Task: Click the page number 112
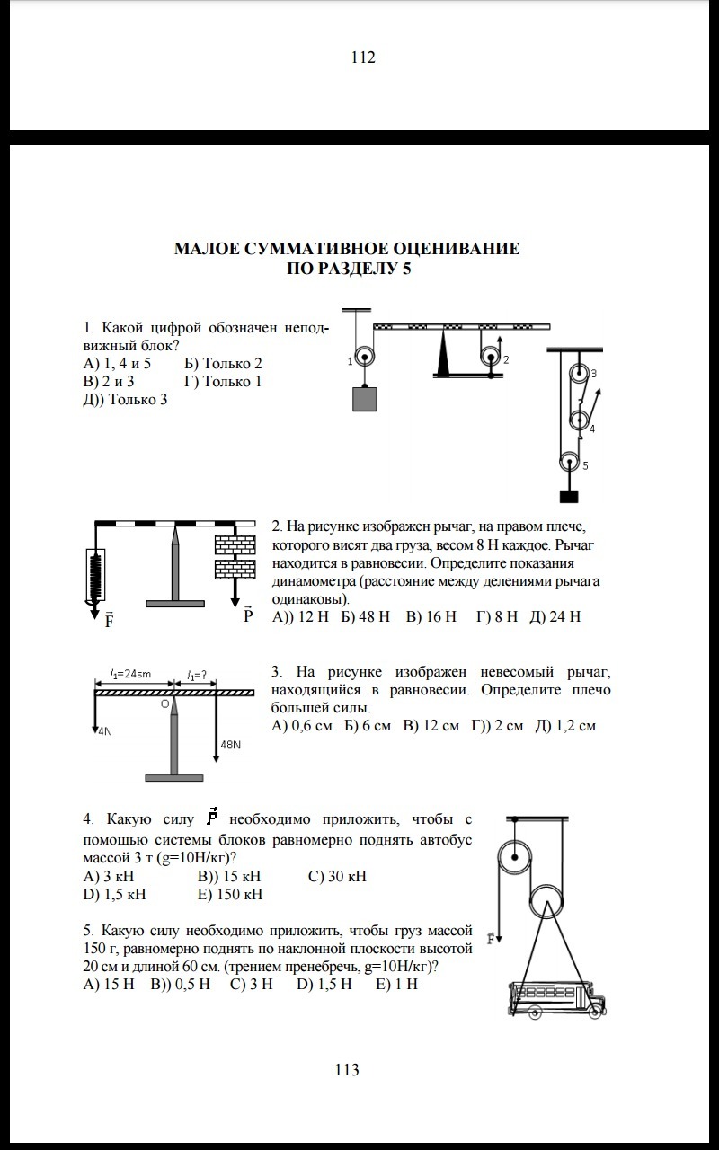363,57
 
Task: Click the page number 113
347,1069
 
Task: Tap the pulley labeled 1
364,356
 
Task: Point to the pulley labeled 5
569,464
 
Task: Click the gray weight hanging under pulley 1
364,398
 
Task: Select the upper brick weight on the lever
235,545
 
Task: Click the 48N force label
231,745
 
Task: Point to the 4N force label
104,731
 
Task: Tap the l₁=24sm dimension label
130,674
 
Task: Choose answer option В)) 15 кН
229,876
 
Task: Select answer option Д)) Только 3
126,399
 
